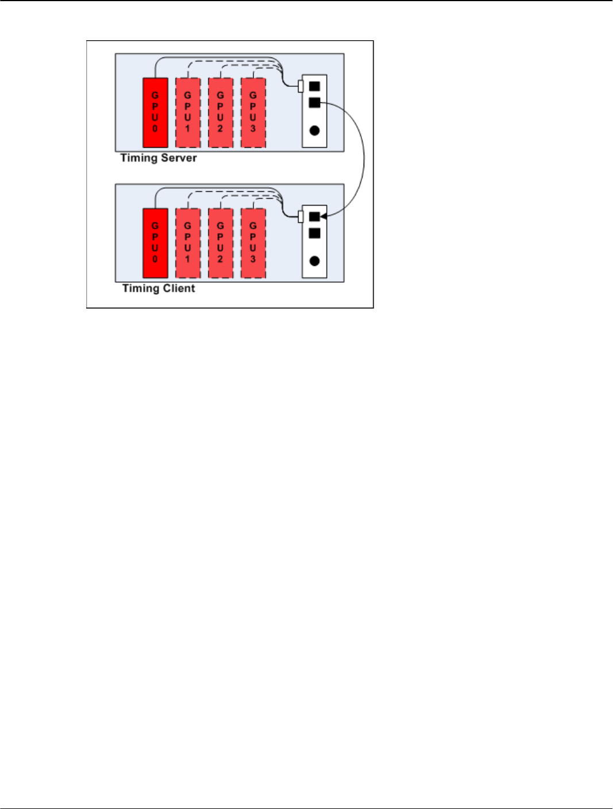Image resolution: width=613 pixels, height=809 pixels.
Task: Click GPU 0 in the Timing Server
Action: click(x=155, y=113)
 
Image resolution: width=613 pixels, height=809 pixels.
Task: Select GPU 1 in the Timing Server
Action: click(x=188, y=113)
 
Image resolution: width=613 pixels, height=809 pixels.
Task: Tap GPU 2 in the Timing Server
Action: click(x=221, y=113)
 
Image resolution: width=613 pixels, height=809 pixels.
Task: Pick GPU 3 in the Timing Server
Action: click(x=253, y=113)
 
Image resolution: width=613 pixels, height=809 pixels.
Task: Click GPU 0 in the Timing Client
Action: click(x=155, y=243)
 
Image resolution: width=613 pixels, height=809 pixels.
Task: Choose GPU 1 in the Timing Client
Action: click(x=188, y=243)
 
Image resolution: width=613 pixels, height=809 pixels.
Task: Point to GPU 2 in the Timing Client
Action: click(x=221, y=243)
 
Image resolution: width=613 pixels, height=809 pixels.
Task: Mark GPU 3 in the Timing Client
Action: click(x=253, y=243)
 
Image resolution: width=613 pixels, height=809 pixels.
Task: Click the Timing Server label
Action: click(x=159, y=158)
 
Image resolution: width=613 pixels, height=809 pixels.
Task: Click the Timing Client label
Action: click(x=159, y=288)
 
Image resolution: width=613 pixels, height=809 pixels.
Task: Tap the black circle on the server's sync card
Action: click(x=314, y=130)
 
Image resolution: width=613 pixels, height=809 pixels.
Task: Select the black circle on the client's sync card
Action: click(x=314, y=261)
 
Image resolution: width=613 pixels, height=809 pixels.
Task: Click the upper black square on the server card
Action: click(x=314, y=86)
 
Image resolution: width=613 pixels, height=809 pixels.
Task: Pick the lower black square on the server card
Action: click(x=314, y=103)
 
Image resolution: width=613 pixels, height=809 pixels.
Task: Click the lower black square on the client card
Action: click(x=314, y=233)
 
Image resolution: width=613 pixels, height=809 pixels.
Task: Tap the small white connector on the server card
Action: click(x=300, y=86)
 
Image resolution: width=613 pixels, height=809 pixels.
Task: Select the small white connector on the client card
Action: click(x=300, y=217)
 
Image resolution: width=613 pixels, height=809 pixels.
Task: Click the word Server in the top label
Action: click(x=179, y=158)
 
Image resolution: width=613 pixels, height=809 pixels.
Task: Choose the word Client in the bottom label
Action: click(x=178, y=288)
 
